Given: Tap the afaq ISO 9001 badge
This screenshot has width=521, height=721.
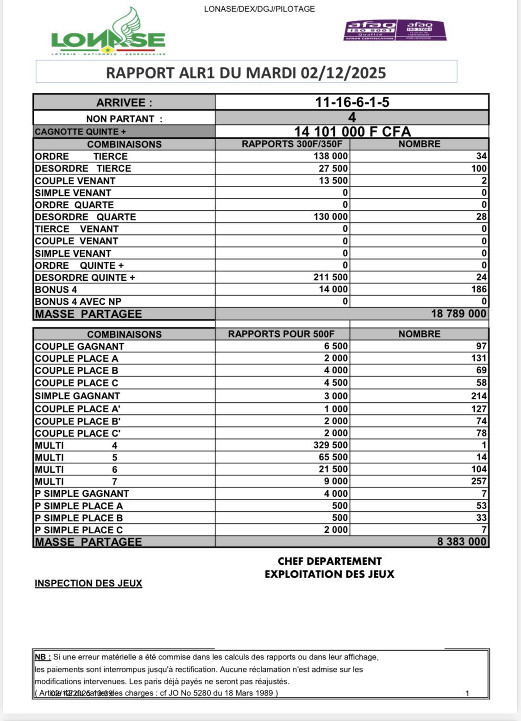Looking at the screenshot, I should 370,30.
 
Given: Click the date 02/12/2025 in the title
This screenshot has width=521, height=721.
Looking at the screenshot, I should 343,73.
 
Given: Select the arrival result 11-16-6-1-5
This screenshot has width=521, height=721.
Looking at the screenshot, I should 352,102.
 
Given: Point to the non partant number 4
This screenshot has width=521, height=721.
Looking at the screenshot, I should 352,117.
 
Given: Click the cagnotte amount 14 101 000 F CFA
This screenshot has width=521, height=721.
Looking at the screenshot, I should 352,132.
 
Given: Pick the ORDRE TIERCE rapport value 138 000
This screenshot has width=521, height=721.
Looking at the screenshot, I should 331,156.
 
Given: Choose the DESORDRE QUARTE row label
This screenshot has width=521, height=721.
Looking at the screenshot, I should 85,217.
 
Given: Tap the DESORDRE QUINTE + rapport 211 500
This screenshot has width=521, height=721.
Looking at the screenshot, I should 331,277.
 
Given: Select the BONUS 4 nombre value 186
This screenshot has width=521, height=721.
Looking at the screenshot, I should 479,290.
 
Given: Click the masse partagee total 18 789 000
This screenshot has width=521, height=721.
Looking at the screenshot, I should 458,314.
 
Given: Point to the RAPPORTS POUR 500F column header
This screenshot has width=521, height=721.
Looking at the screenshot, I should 281,334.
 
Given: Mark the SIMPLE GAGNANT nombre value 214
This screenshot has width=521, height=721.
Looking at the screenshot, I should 479,396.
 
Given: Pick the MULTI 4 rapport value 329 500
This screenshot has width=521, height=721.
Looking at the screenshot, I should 331,445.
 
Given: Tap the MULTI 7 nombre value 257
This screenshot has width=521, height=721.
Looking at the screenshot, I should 479,481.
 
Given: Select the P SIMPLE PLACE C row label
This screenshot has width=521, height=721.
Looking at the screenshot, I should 79,530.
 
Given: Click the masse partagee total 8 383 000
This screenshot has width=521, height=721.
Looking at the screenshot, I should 461,542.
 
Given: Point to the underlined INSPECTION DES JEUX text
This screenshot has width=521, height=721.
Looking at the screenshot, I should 88,584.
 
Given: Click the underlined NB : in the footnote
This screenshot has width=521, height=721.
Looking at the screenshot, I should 43,657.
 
